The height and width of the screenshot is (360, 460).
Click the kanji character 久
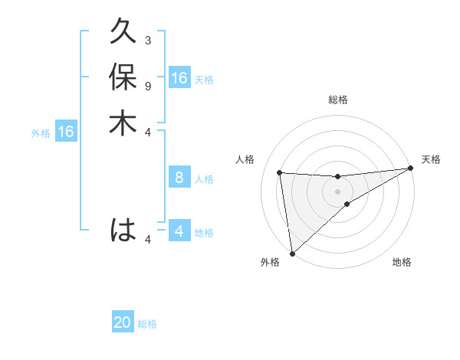123,33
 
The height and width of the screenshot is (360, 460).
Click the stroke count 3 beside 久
148,40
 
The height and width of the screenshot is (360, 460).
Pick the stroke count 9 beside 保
148,86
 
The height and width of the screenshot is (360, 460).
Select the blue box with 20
123,323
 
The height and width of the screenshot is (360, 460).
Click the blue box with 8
179,178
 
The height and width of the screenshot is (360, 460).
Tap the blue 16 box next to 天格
179,78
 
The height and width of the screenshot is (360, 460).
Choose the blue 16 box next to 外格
65,133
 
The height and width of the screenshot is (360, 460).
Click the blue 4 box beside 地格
179,231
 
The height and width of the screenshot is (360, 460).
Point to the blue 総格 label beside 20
147,324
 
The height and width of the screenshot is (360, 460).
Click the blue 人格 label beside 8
204,179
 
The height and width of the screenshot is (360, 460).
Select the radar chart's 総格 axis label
338,100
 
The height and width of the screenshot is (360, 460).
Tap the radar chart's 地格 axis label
402,263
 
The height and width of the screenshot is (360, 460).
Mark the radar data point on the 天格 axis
411,169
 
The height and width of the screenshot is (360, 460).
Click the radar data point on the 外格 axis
292,253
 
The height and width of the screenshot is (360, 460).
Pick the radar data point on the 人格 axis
280,172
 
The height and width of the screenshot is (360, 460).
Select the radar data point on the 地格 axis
347,204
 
